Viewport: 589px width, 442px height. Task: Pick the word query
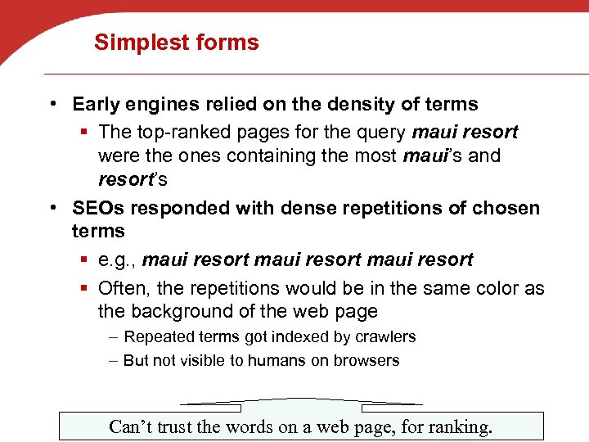click(382, 132)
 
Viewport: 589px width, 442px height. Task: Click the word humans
click(277, 360)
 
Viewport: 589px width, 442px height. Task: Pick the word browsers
click(367, 360)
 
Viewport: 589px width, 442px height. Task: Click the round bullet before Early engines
click(52, 104)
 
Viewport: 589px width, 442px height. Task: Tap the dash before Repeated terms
click(115, 336)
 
